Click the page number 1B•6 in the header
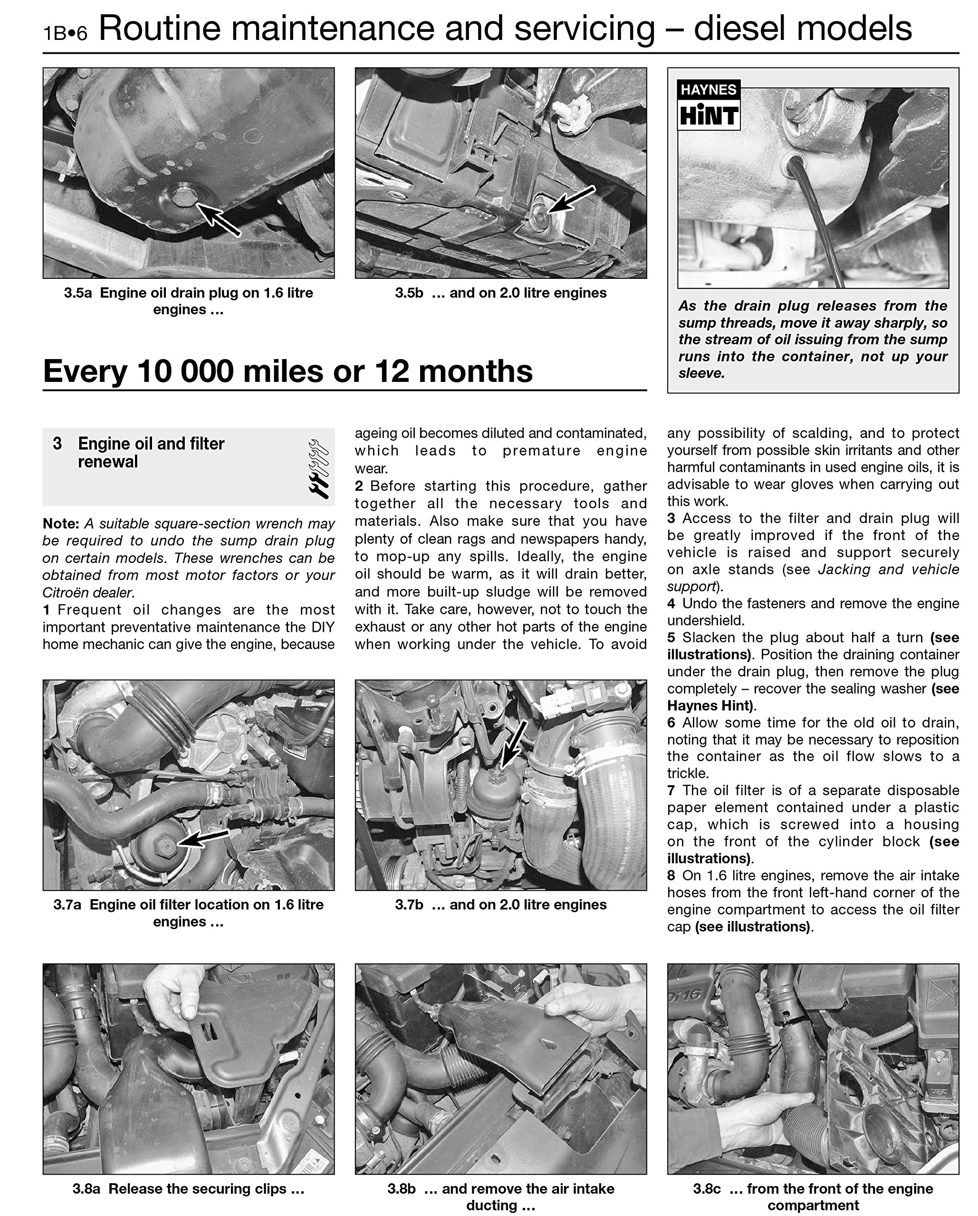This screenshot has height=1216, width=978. coord(66,33)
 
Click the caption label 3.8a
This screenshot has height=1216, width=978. coord(86,1188)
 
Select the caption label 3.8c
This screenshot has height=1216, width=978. coord(707,1188)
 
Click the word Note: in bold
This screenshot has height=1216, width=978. coord(61,523)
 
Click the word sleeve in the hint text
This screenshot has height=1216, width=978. coord(700,373)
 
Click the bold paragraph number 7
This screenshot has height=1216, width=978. coord(671,790)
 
